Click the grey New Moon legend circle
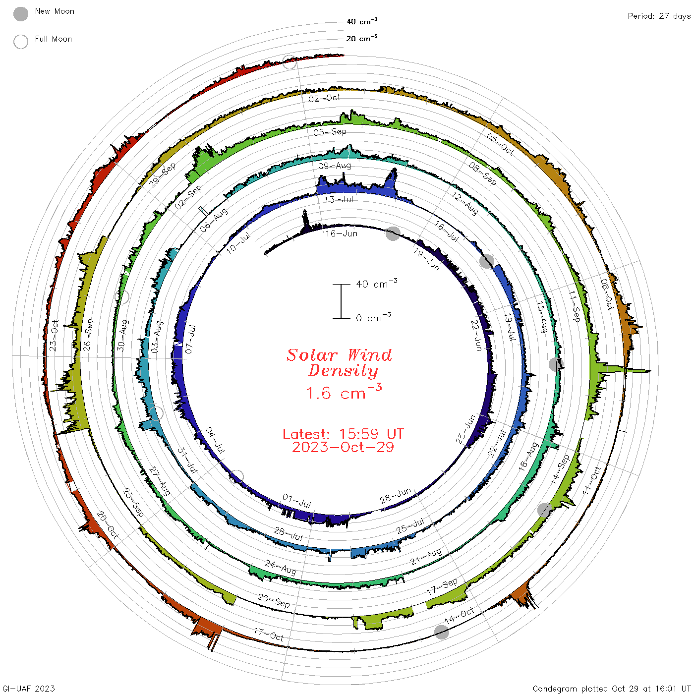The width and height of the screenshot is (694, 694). click(20, 14)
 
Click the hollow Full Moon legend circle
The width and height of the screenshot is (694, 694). click(20, 42)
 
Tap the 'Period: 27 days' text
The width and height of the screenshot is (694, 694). click(659, 16)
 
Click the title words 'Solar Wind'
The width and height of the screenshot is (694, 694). click(339, 355)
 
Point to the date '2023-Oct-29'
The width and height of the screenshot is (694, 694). click(343, 447)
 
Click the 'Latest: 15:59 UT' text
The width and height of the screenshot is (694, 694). click(343, 434)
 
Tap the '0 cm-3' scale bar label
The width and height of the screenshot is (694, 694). click(373, 317)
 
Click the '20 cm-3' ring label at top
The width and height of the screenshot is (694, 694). click(362, 38)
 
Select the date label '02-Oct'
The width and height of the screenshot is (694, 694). click(325, 98)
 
